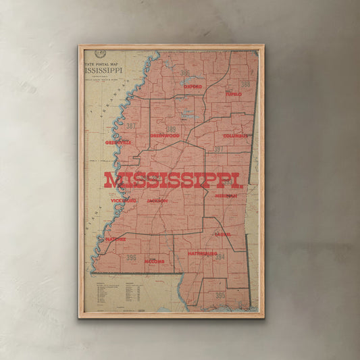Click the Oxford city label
tap(192, 87)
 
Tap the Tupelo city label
tap(234, 95)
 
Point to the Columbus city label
tap(236, 136)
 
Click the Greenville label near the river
tap(118, 143)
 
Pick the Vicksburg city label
tap(124, 201)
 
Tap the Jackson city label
tap(157, 201)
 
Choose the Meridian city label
tap(226, 196)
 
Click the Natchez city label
tap(115, 238)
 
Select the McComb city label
tap(154, 261)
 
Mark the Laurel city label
tap(223, 234)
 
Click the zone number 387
tap(130, 126)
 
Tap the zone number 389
tap(171, 129)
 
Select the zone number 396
tap(131, 257)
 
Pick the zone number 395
tap(220, 295)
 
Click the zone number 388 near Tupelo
tap(245, 85)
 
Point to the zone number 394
tap(220, 257)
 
